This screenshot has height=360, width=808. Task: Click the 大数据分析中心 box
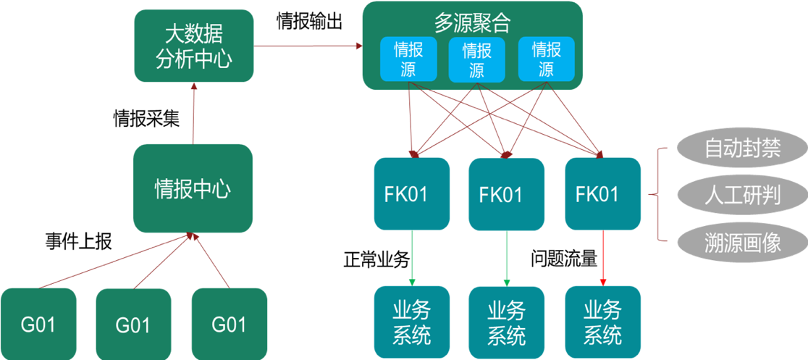pyautogui.click(x=193, y=46)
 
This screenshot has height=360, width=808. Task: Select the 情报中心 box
pyautogui.click(x=193, y=189)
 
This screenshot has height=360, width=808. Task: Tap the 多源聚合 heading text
pyautogui.click(x=472, y=22)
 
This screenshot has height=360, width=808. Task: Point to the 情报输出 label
pyautogui.click(x=309, y=21)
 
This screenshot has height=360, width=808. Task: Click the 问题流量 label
pyautogui.click(x=564, y=258)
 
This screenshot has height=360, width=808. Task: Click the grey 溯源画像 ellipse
pyautogui.click(x=742, y=241)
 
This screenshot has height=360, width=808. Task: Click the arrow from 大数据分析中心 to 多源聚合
pyautogui.click(x=307, y=46)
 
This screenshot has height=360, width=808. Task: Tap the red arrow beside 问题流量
pyautogui.click(x=603, y=257)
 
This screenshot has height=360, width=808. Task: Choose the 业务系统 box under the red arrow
pyautogui.click(x=602, y=323)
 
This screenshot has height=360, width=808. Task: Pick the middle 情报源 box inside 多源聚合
pyautogui.click(x=476, y=59)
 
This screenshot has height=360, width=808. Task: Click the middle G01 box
pyautogui.click(x=133, y=325)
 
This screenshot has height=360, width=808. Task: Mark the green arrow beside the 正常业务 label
pyautogui.click(x=412, y=257)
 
